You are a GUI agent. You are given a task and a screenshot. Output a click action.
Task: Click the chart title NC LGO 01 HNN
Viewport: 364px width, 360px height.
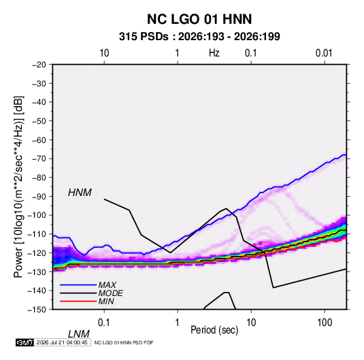(x=199, y=19)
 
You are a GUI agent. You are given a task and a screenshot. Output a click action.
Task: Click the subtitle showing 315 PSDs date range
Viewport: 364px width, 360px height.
(x=199, y=37)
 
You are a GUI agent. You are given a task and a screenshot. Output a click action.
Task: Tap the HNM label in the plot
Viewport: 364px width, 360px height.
(x=80, y=193)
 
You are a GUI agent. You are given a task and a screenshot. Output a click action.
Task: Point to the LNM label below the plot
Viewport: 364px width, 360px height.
(x=79, y=334)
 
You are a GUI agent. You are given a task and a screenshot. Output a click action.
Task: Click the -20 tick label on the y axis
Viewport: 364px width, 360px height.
(x=39, y=65)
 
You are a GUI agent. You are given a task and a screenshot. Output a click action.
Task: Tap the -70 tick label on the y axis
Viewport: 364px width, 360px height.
(x=39, y=159)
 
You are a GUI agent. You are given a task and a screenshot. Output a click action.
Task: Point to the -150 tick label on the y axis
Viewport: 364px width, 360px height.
(x=37, y=310)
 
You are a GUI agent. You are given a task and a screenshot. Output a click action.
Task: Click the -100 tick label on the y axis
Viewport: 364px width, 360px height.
(x=37, y=215)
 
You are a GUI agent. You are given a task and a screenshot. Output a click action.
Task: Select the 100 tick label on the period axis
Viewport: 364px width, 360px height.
(x=325, y=323)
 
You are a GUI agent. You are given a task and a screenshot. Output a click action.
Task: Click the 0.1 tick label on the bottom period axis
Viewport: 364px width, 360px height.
(x=103, y=323)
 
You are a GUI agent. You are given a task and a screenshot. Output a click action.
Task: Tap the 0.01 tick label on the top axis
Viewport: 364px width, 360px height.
(x=324, y=53)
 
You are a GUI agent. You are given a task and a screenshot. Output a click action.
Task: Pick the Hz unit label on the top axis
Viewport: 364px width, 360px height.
(x=214, y=53)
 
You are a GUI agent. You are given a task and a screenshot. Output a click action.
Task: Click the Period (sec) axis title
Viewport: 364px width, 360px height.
(x=214, y=330)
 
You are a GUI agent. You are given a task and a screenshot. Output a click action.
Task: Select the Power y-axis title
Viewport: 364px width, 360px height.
(x=18, y=187)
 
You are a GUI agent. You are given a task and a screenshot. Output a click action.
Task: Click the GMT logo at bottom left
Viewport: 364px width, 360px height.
(x=25, y=342)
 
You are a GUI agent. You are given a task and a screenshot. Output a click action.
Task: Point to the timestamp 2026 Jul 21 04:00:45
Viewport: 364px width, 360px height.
(x=62, y=342)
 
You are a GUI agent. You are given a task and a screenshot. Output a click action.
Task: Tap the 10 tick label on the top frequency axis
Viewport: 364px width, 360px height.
(x=104, y=53)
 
